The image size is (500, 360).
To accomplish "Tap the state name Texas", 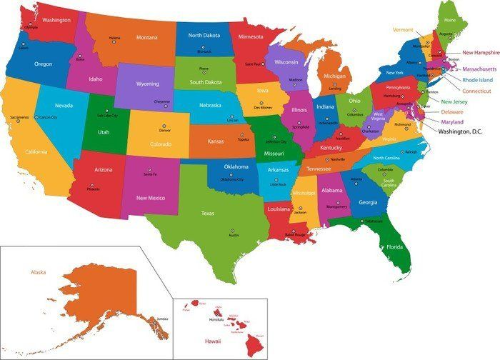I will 208,213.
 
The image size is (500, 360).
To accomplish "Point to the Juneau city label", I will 161,319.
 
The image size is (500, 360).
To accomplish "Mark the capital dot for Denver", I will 165,126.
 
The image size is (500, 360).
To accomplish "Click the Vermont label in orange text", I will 403,29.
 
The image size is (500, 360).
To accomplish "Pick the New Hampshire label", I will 481,52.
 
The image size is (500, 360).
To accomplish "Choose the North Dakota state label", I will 204,35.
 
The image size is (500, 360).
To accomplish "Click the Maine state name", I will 449,21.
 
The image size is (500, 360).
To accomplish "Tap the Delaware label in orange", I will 451,112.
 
